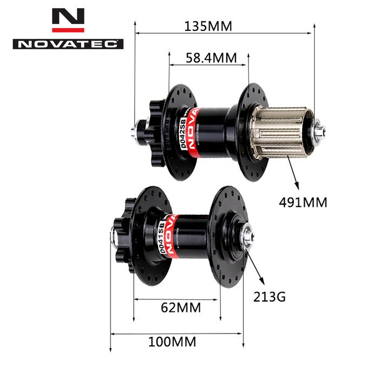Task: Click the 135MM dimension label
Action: (x=209, y=26)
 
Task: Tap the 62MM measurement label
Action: (x=181, y=308)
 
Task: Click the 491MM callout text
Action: (x=303, y=202)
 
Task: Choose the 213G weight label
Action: (x=269, y=297)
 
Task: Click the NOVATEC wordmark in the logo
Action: (x=68, y=44)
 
